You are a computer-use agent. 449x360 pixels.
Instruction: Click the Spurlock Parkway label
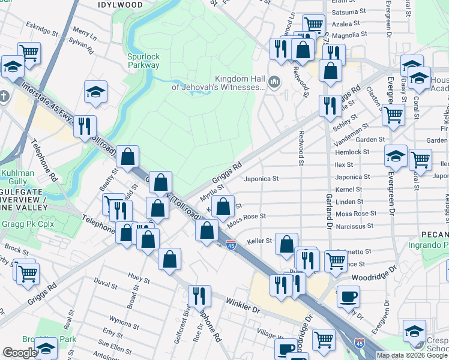(x=143, y=61)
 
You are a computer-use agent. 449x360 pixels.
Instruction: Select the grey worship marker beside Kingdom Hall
(x=275, y=81)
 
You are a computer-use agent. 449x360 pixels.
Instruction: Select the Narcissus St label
(x=354, y=226)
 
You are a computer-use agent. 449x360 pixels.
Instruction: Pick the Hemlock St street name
(x=352, y=152)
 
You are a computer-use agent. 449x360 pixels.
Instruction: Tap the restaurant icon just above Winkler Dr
(x=199, y=296)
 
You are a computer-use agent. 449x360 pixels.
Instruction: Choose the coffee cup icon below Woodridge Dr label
(x=348, y=296)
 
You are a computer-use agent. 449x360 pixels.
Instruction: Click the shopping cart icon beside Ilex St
(x=420, y=160)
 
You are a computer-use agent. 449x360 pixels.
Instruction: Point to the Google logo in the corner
(x=20, y=353)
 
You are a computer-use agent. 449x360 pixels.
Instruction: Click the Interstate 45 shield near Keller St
(x=231, y=245)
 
